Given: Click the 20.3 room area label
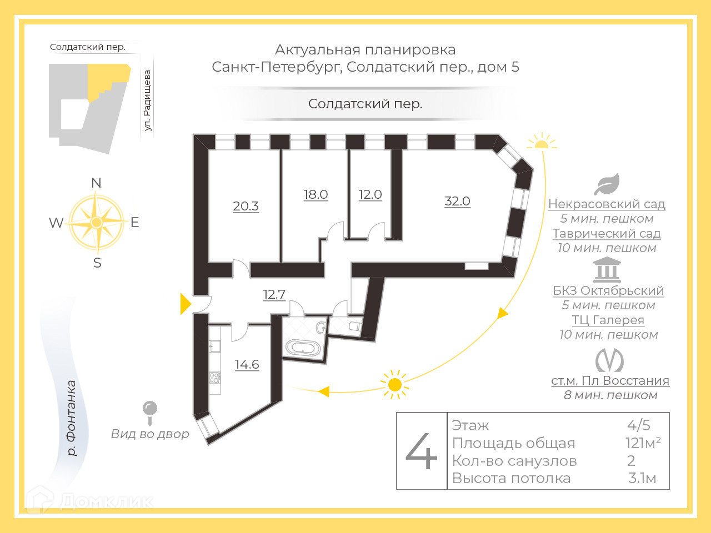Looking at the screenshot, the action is (x=246, y=206).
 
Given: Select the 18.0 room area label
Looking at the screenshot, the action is (x=316, y=194).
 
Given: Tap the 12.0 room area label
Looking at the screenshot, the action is (x=370, y=194).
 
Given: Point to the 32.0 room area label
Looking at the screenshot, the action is (x=457, y=201).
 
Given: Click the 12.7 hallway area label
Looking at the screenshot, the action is (x=274, y=294).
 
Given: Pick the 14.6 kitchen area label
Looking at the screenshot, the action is (x=247, y=364).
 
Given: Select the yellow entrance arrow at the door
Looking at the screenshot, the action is (x=185, y=304).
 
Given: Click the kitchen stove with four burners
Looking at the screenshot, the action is (x=214, y=378).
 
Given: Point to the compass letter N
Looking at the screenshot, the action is (x=96, y=183).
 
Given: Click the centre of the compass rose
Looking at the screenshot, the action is (x=97, y=223).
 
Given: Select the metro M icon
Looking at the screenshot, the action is (x=609, y=361).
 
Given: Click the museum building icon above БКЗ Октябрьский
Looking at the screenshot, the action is (x=607, y=270).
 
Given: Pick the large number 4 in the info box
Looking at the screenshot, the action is (x=422, y=451).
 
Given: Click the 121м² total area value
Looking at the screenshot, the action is (x=643, y=443).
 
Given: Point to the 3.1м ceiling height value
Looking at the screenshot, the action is (x=642, y=478).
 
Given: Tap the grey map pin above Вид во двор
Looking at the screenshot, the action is (x=150, y=410).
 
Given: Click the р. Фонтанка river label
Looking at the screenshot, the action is (x=72, y=418).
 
